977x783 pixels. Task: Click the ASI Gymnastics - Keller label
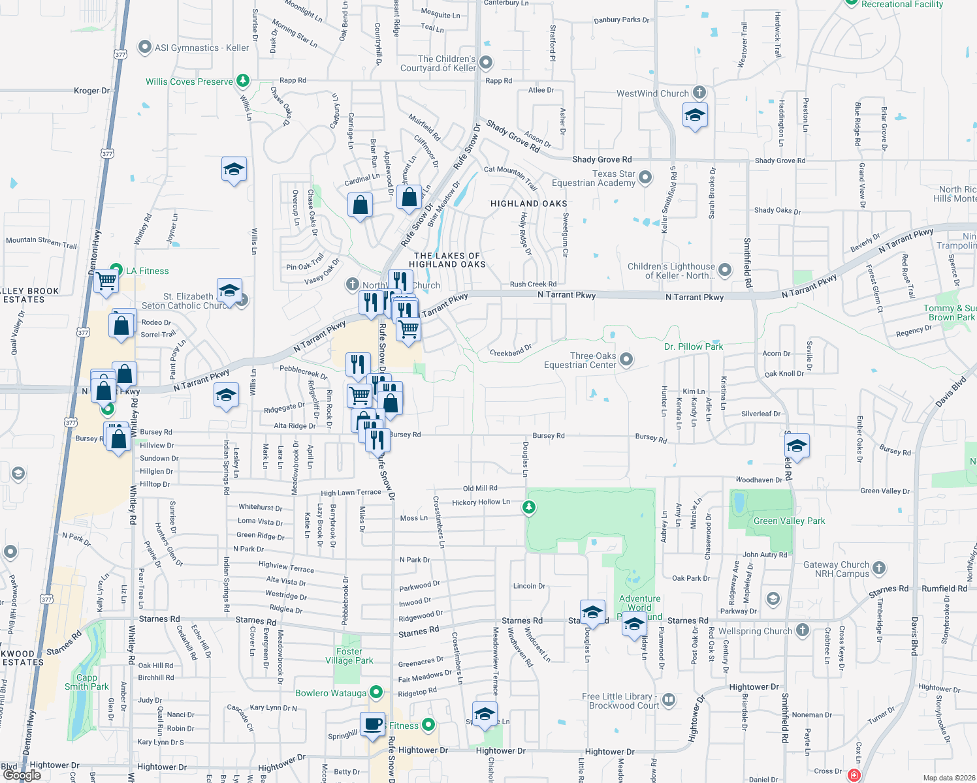202,48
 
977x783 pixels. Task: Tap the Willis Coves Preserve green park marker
243,81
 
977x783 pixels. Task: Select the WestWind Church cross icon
699,93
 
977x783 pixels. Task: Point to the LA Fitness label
147,271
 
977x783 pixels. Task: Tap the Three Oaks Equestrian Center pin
626,360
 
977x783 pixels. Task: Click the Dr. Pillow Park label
694,346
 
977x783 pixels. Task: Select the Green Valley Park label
789,521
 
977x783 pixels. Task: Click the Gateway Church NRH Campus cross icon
879,568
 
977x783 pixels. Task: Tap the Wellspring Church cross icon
803,630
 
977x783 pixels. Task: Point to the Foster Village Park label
349,656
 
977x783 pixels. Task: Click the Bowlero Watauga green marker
376,692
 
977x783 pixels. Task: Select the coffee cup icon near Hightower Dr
372,724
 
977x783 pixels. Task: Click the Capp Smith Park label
86,682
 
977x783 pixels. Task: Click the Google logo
22,775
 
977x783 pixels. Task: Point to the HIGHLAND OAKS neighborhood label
528,204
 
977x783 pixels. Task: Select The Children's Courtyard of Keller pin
485,63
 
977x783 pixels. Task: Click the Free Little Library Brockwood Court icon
669,700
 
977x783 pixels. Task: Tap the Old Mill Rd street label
480,488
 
